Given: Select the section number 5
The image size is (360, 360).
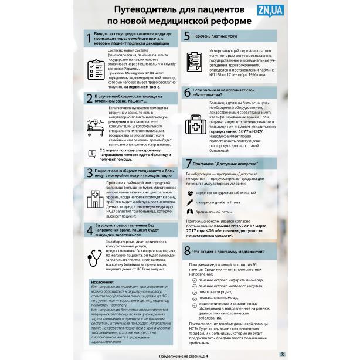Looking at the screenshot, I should (x=186, y=36).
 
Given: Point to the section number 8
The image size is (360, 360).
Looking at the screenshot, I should (x=186, y=250).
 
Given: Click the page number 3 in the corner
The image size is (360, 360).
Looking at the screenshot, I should (x=281, y=354).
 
